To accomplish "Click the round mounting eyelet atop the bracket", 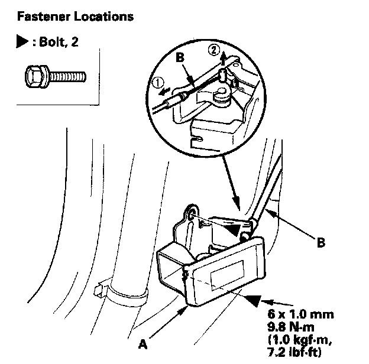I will (194, 212).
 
